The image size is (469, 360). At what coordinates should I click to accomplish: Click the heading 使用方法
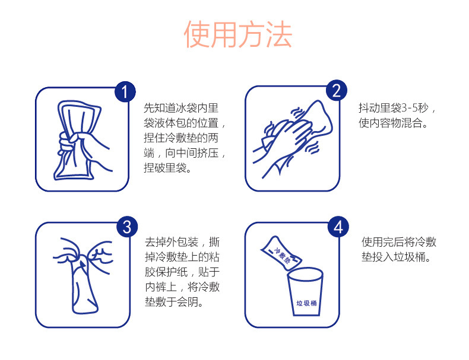tap(238, 34)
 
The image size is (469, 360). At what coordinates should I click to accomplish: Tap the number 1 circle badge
tap(125, 92)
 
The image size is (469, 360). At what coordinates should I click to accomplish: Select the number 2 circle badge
tap(337, 90)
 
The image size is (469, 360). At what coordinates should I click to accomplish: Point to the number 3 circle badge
tap(127, 227)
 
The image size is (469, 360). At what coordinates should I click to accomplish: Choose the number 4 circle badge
tap(338, 227)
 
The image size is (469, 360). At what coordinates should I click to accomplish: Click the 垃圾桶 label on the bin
tap(306, 303)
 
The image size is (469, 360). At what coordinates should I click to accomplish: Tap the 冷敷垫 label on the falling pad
tap(282, 254)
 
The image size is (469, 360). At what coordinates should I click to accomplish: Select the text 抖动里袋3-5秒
tap(394, 108)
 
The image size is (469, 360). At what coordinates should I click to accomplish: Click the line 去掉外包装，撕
tap(182, 242)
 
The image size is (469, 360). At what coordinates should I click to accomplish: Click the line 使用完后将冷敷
tap(399, 242)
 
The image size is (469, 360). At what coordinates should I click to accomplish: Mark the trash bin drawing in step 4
tap(305, 291)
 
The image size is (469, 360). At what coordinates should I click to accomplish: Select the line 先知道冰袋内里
tap(181, 108)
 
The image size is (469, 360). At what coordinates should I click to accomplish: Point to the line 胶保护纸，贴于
tap(182, 272)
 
